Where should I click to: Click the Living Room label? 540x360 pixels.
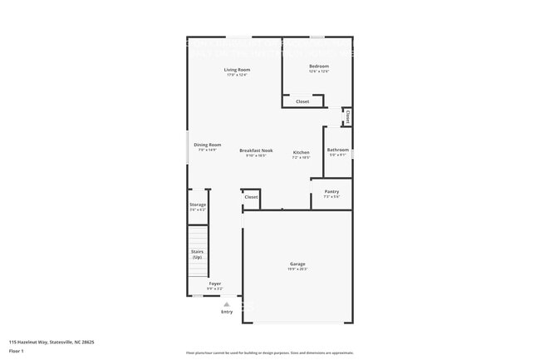tap(237, 70)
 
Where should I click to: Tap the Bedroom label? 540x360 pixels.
tap(319, 66)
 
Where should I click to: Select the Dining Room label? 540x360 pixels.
tap(208, 145)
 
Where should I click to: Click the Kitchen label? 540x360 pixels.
tap(301, 152)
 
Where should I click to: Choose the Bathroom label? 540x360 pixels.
tap(338, 150)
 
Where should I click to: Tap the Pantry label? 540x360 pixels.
tap(331, 191)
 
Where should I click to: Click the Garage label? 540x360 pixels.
tap(297, 264)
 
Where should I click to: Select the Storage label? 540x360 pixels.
tap(198, 205)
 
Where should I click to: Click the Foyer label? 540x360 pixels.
tap(214, 284)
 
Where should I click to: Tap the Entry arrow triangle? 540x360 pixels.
tap(226, 304)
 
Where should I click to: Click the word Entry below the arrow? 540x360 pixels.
tap(227, 312)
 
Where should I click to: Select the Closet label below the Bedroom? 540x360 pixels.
tap(302, 101)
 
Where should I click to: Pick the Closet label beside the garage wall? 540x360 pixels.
tap(251, 197)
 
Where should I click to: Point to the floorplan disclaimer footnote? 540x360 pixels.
tap(270, 353)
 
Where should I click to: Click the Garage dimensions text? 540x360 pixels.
tap(297, 269)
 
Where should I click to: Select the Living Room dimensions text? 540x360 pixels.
tap(237, 75)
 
